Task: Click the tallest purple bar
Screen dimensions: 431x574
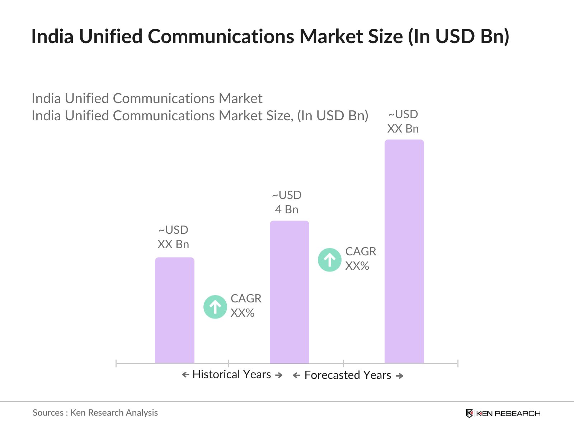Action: point(404,251)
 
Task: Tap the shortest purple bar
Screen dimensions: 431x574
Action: point(174,310)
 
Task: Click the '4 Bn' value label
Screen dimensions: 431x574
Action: point(287,209)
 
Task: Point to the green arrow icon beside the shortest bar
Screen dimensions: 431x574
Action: point(215,307)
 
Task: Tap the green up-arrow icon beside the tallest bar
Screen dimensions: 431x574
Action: point(329,260)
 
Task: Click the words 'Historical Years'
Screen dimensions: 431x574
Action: point(232,375)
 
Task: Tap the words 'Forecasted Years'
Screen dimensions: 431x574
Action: point(348,375)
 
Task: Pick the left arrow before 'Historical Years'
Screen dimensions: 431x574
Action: point(185,375)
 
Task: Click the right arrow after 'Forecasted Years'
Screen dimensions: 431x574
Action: point(400,376)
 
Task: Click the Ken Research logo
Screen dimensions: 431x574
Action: point(503,413)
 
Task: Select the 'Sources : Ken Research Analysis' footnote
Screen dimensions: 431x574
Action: point(95,413)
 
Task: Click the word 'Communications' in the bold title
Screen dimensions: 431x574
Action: point(221,36)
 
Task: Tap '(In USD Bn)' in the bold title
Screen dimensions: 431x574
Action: point(458,36)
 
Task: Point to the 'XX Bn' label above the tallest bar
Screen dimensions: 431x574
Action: point(403,129)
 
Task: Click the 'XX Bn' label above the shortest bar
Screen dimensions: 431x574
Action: point(173,244)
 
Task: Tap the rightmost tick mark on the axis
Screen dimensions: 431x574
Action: point(457,363)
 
